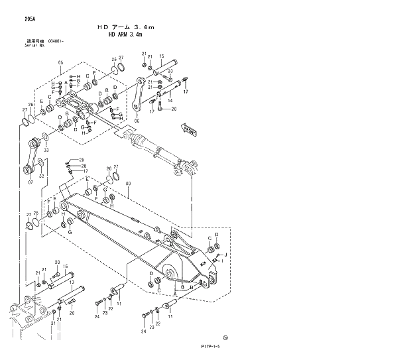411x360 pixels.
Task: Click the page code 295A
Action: tap(30, 20)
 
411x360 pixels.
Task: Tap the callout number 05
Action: tap(60, 63)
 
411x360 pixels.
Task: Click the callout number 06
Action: tap(137, 121)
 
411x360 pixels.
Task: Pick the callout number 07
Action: tap(30, 182)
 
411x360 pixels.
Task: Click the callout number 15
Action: tap(162, 56)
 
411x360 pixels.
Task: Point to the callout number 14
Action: tap(170, 101)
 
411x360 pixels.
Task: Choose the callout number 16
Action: tap(65, 267)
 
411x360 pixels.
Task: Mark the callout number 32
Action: tap(40, 176)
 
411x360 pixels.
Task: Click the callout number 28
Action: tap(84, 166)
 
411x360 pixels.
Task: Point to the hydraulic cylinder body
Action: tap(145, 143)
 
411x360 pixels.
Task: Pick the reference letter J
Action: tap(226, 255)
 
